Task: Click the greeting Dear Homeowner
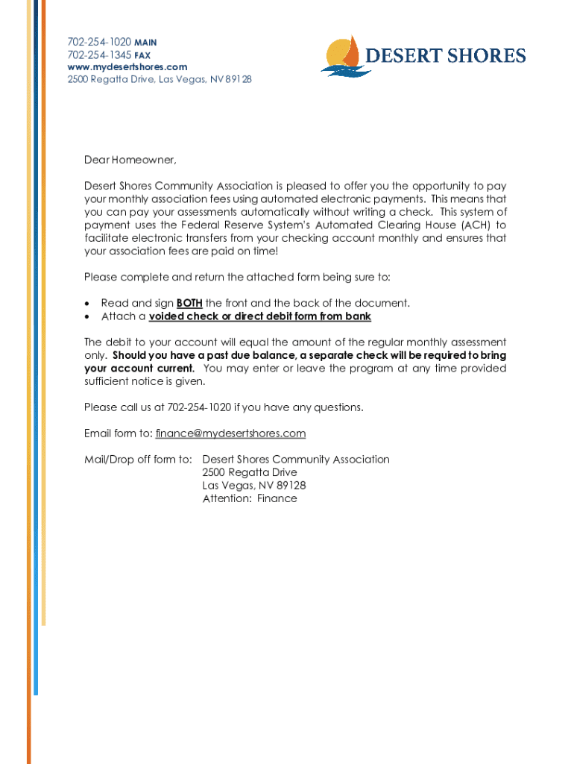point(130,160)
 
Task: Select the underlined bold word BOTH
point(189,303)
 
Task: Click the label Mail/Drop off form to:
point(138,460)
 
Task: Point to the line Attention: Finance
point(250,498)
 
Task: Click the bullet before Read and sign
point(89,304)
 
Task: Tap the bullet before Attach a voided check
point(89,317)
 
